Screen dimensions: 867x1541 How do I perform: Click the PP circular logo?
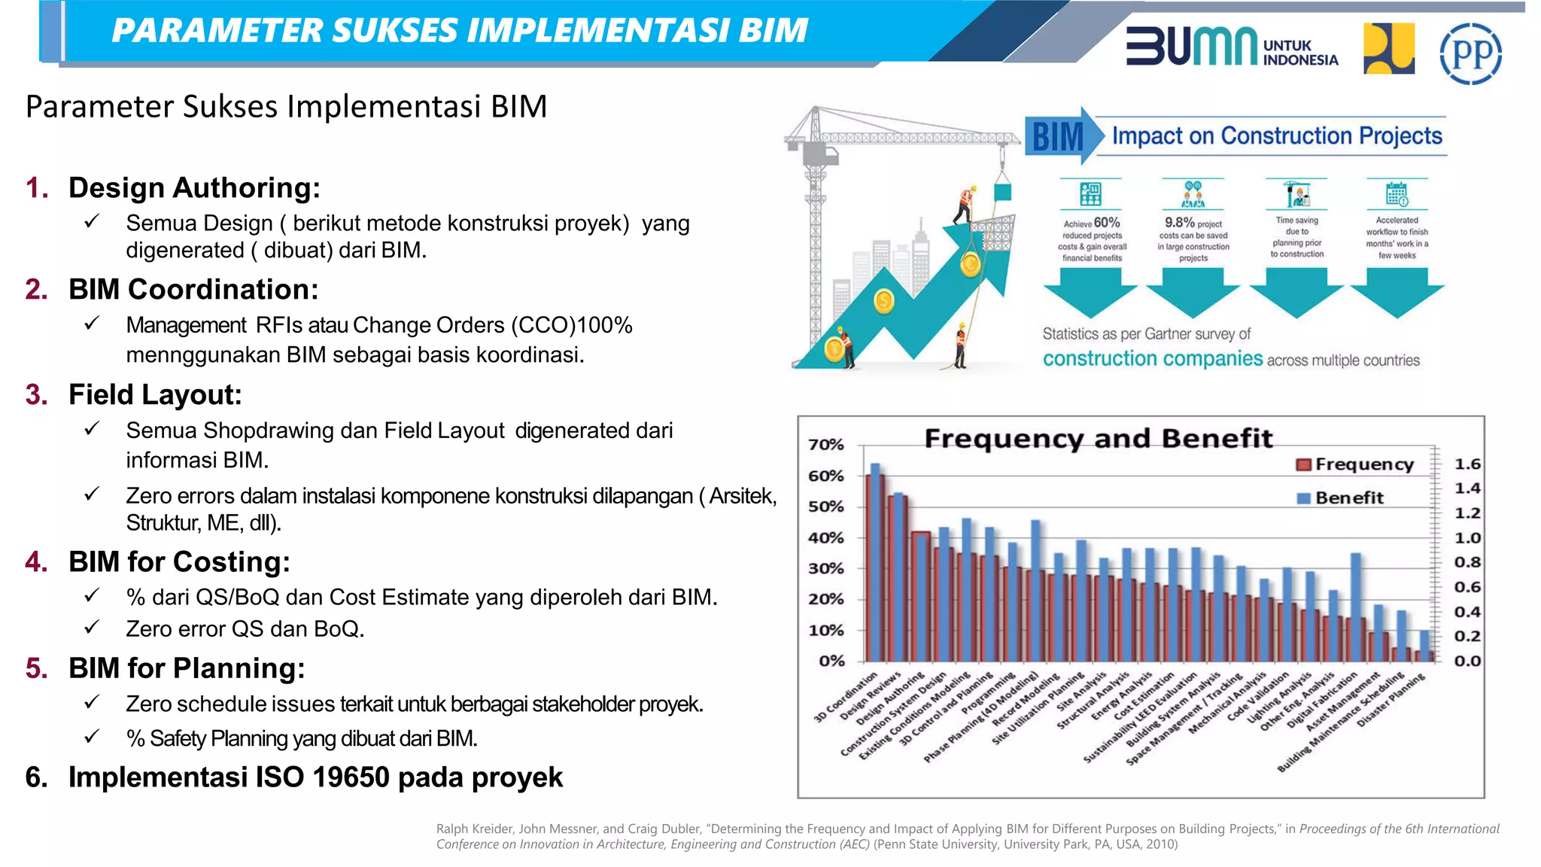coord(1470,53)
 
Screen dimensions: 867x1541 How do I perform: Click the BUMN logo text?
coord(1191,47)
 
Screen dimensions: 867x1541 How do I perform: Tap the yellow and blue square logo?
coord(1388,49)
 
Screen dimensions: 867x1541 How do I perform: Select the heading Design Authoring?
coord(194,187)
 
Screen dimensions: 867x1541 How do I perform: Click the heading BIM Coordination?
coord(193,289)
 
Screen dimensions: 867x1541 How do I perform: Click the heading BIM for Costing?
coord(179,561)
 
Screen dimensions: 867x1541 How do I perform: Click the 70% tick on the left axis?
coord(825,445)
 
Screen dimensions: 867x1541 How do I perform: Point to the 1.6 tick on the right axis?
coord(1467,464)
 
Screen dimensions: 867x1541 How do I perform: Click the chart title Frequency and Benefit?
coord(1098,438)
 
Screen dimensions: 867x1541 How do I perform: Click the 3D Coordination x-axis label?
coord(846,698)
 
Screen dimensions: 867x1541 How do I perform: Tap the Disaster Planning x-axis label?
coord(1392,700)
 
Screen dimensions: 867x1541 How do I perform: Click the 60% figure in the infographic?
coord(1106,222)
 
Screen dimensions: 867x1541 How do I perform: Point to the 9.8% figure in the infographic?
coord(1179,222)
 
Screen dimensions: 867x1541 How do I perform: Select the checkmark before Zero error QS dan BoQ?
coord(92,627)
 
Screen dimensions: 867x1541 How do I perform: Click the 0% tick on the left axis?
coord(831,661)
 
